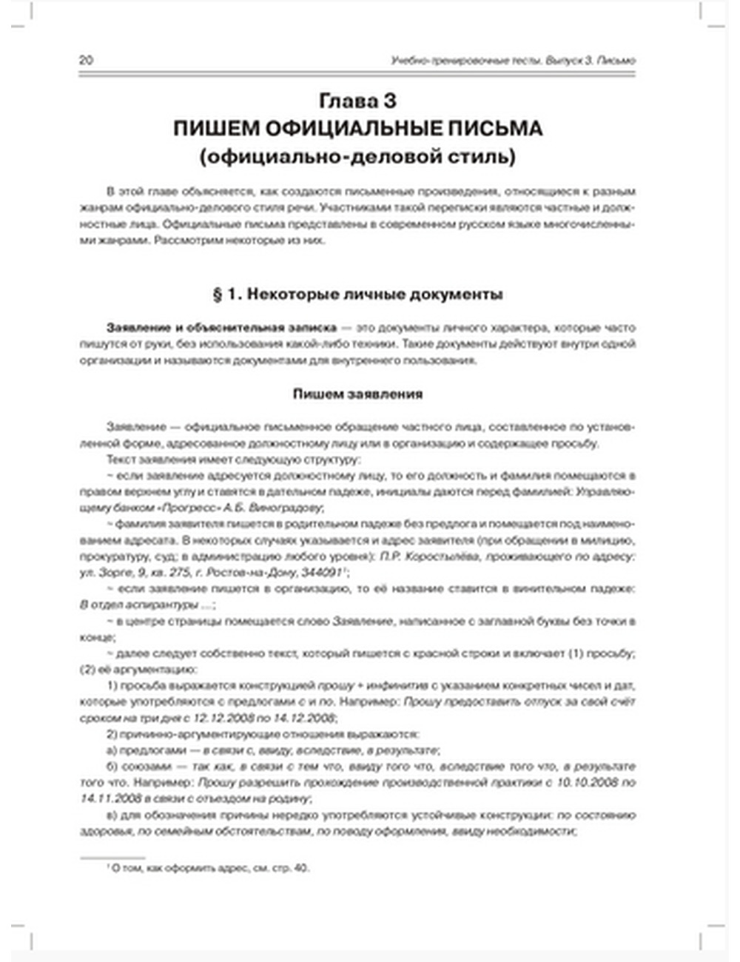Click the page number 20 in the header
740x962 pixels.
click(86, 61)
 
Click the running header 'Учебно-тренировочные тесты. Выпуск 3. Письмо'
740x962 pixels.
click(513, 61)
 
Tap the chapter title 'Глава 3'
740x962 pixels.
click(358, 101)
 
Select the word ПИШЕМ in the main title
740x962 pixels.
click(215, 129)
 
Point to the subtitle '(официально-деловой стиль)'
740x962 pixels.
click(358, 157)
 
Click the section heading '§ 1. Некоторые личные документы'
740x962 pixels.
click(358, 295)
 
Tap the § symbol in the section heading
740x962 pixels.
click(218, 295)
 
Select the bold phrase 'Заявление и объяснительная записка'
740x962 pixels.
click(221, 328)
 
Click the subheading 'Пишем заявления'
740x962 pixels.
click(358, 394)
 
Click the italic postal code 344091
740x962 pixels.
click(323, 573)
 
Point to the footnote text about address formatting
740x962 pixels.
click(208, 868)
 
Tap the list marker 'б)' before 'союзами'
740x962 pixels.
click(112, 767)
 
